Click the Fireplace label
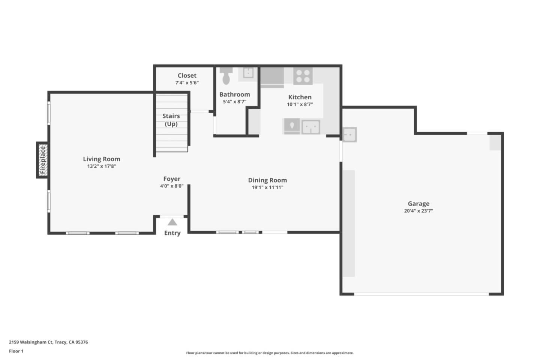pyautogui.click(x=43, y=160)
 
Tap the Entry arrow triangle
pyautogui.click(x=172, y=222)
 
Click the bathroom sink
pyautogui.click(x=248, y=72)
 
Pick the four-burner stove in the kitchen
pyautogui.click(x=303, y=76)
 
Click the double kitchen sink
pyautogui.click(x=311, y=127)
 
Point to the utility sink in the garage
pyautogui.click(x=349, y=135)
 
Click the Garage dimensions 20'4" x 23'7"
pyautogui.click(x=418, y=211)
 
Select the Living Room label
pyautogui.click(x=101, y=159)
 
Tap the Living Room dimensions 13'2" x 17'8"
pyautogui.click(x=101, y=166)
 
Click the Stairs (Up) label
pyautogui.click(x=171, y=120)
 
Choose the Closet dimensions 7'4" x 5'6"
pyautogui.click(x=187, y=82)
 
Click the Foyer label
pyautogui.click(x=172, y=179)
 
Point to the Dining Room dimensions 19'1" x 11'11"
pyautogui.click(x=267, y=187)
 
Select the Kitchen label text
pyautogui.click(x=300, y=97)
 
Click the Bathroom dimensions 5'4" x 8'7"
pyautogui.click(x=234, y=102)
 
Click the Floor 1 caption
pyautogui.click(x=16, y=351)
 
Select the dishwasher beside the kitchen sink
pyautogui.click(x=291, y=126)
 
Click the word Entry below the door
pyautogui.click(x=172, y=233)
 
